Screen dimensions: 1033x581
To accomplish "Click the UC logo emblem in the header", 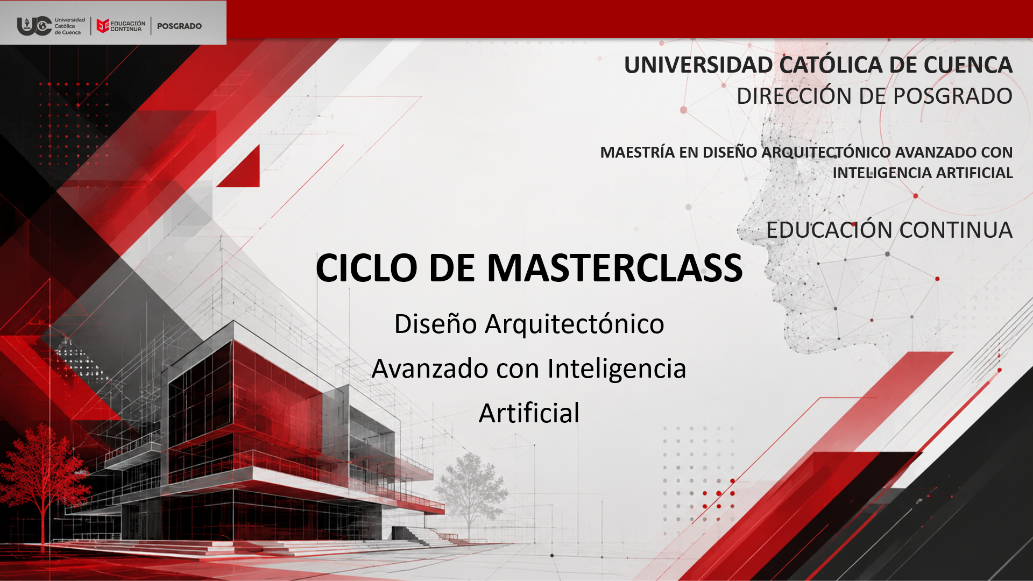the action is (34, 26).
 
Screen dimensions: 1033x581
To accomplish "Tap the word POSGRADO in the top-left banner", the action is (179, 26).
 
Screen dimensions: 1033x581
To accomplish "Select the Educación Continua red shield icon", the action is (103, 26).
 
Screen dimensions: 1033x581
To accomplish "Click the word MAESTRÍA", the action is (638, 152).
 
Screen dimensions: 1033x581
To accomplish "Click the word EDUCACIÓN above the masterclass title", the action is (829, 230).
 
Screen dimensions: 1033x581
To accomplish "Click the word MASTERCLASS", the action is (614, 267).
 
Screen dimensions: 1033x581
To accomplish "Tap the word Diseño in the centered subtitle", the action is (436, 324).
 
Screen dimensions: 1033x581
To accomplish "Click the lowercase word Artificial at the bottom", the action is (529, 413).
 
